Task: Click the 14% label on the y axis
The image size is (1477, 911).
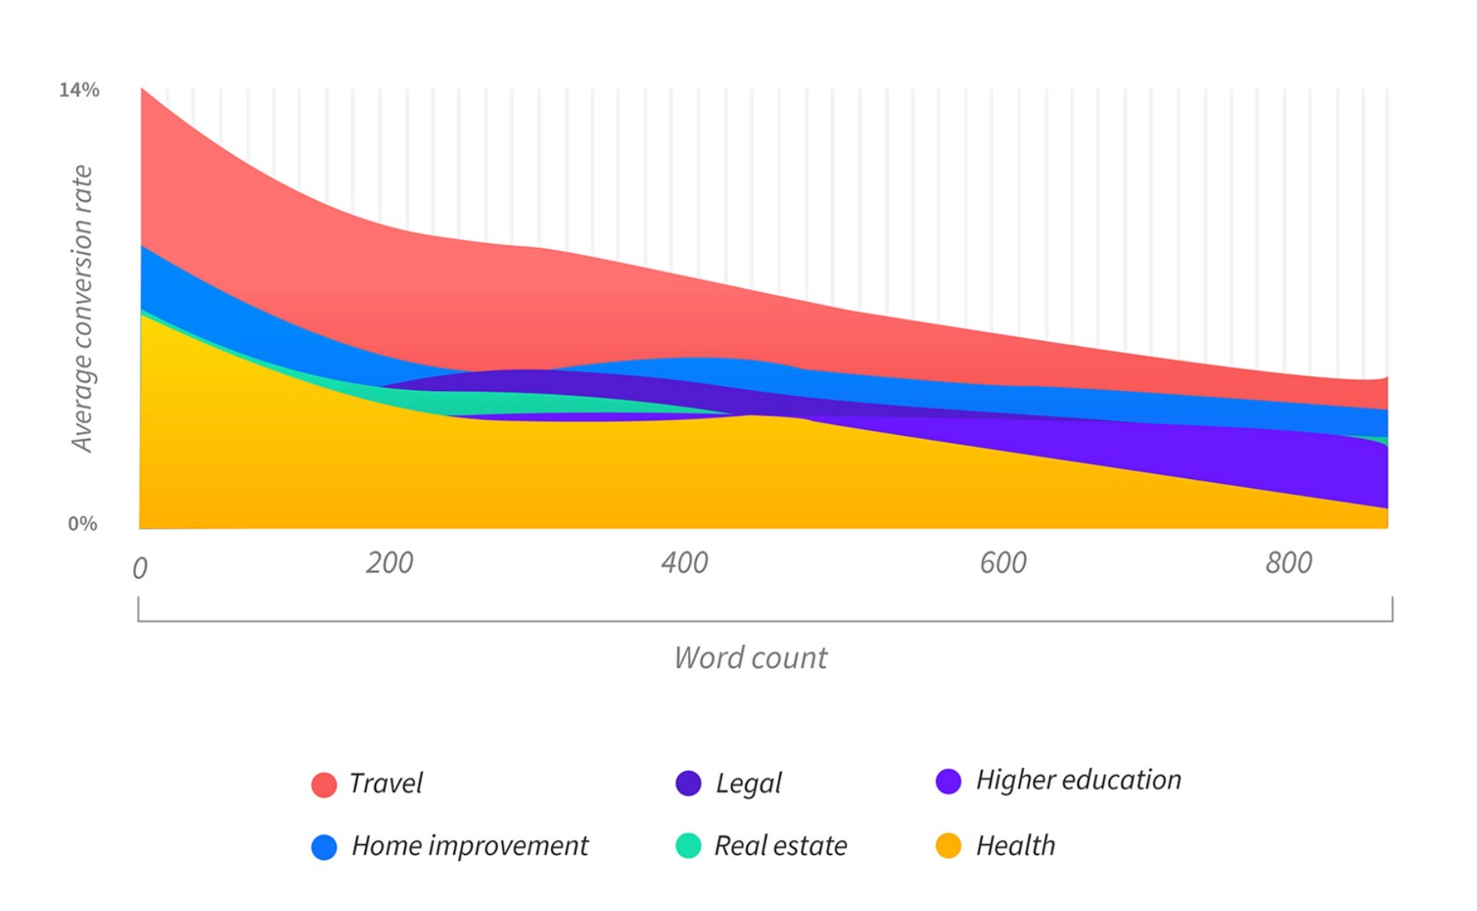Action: [x=79, y=90]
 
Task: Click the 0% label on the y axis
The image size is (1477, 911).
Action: [x=83, y=524]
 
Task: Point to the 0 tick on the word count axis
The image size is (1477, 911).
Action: [x=140, y=568]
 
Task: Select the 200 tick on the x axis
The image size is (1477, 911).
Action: [x=389, y=563]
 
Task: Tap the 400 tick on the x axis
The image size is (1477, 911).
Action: [x=684, y=563]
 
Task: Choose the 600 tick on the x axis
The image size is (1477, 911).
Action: [x=1003, y=563]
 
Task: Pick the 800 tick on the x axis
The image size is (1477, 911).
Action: [x=1288, y=563]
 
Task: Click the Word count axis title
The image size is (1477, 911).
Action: [x=750, y=658]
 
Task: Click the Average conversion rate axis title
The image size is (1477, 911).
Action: [x=82, y=308]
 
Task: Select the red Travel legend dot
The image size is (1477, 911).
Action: [x=324, y=784]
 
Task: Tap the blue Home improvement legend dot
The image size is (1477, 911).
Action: [x=324, y=846]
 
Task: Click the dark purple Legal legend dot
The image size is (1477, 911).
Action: [x=688, y=784]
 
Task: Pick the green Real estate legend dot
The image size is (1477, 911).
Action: [x=688, y=846]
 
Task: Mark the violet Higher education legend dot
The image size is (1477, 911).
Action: [x=948, y=781]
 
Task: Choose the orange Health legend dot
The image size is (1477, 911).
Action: [x=948, y=846]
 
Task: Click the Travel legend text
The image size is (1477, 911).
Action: [x=385, y=784]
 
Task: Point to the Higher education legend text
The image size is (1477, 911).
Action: [x=1078, y=780]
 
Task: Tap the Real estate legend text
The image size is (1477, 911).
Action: [x=780, y=846]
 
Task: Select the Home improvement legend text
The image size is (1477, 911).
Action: [x=470, y=846]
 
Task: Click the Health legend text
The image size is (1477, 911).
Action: [x=1015, y=846]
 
